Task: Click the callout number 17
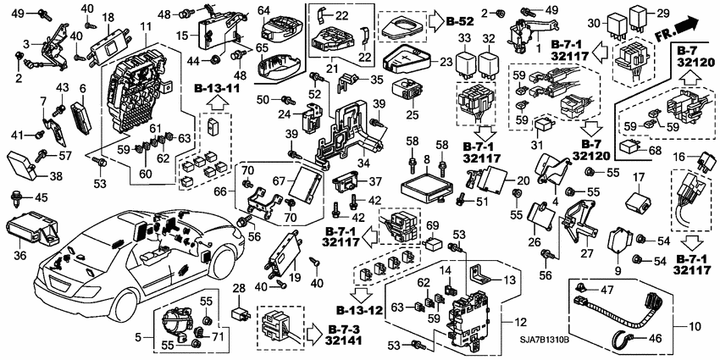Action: point(639,178)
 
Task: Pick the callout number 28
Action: point(238,291)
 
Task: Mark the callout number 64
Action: point(263,10)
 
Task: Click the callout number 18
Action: point(108,17)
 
